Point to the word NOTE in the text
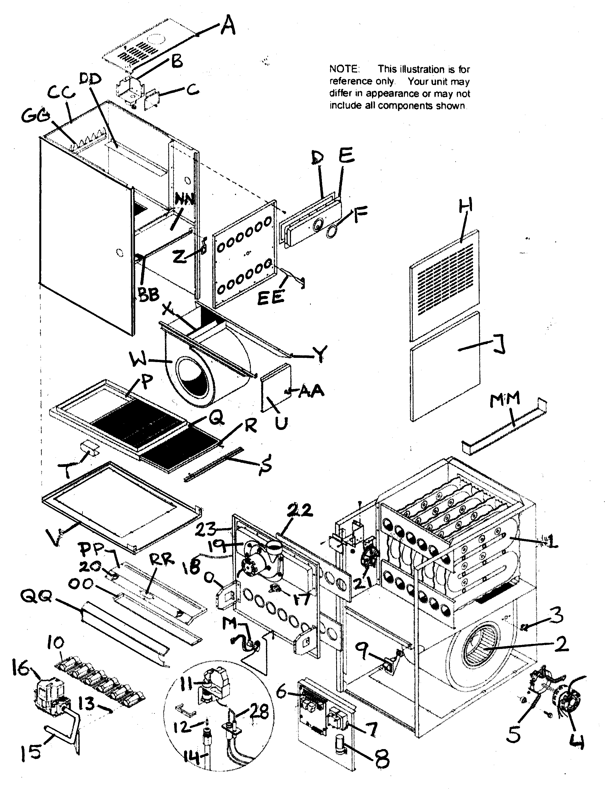tap(344, 69)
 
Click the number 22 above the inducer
tap(300, 510)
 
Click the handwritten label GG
tap(35, 116)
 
